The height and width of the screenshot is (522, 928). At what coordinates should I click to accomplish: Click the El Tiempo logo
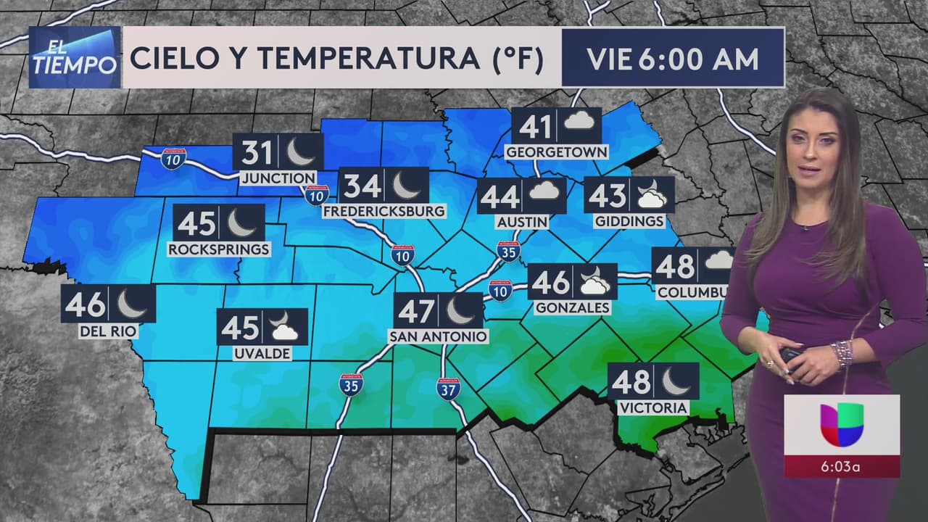coord(75,57)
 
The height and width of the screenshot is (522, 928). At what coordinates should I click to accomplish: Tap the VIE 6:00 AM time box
coord(673,59)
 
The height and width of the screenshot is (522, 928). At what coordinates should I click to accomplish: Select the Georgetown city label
coord(556,152)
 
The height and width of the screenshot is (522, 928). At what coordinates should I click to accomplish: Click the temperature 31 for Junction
coord(257,153)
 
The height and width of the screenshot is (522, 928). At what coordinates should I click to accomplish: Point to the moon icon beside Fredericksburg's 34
coord(406,186)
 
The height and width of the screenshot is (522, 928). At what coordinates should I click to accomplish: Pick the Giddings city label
coord(629,221)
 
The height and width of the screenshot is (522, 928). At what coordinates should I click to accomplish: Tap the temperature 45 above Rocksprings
coord(196,223)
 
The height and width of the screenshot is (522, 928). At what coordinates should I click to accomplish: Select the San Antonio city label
coord(439,336)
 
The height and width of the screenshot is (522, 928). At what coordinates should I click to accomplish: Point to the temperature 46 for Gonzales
coord(551,282)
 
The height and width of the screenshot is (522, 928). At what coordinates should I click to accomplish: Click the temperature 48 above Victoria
coord(631,381)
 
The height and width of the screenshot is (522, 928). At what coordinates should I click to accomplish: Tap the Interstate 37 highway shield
coord(447,389)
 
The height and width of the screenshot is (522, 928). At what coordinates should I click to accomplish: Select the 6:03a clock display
coord(841,466)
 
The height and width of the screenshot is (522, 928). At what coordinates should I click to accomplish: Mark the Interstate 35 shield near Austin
coord(508,251)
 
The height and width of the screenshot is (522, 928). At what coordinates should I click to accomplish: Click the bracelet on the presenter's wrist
coord(842,352)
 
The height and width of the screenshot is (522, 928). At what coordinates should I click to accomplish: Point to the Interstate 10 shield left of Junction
coord(173,159)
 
